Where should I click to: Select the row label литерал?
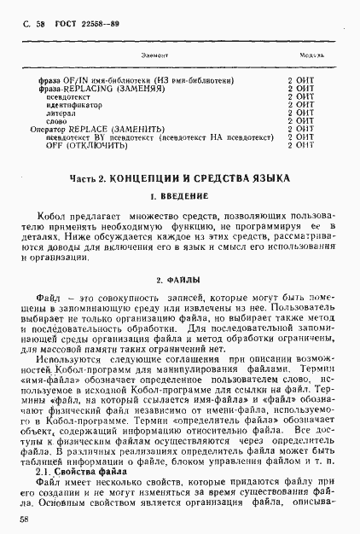click(x=61, y=113)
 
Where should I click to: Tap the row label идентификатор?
click(x=73, y=105)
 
